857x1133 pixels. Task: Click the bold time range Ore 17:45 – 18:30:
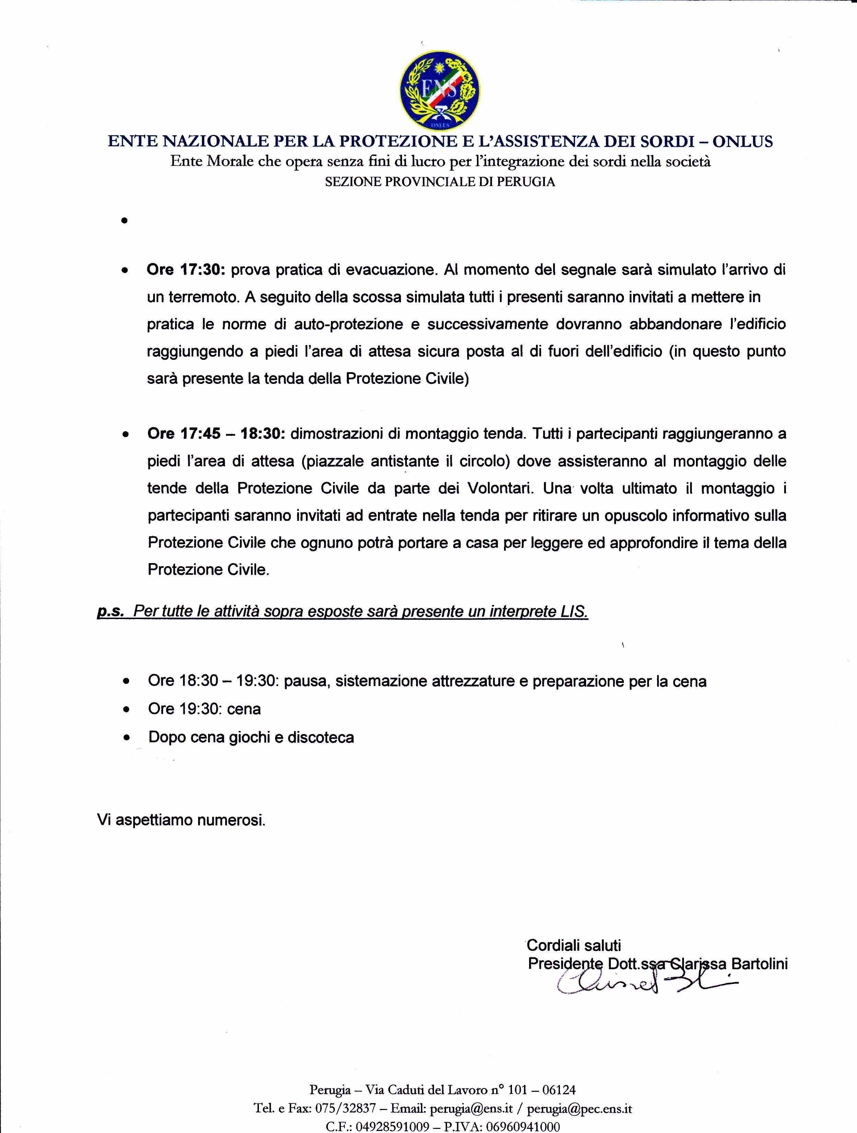pos(216,434)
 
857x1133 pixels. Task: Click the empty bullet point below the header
pos(124,221)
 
